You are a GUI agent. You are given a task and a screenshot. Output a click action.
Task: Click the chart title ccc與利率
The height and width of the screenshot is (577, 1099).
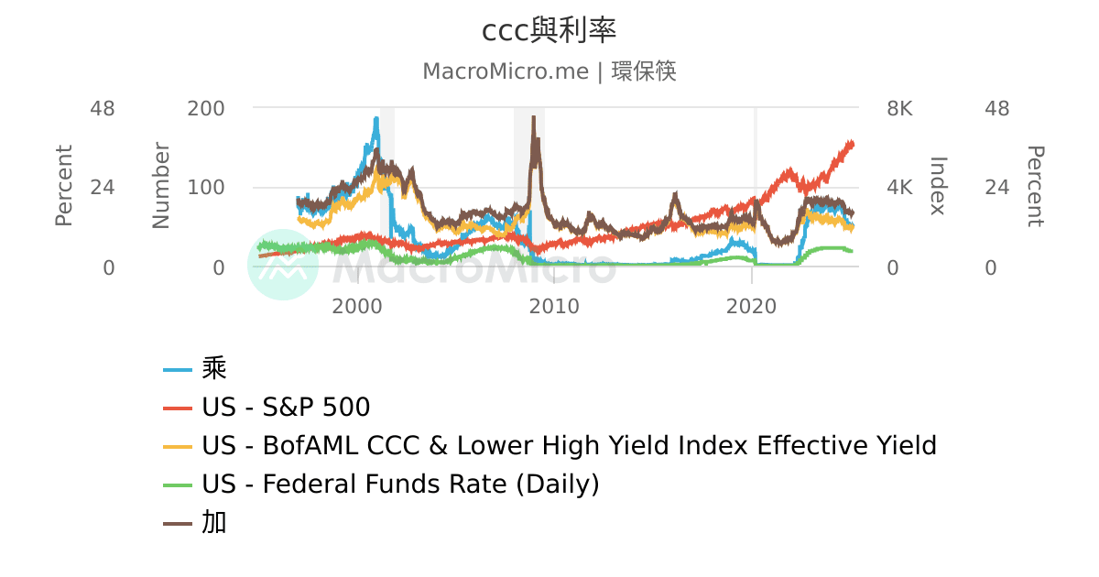pos(549,30)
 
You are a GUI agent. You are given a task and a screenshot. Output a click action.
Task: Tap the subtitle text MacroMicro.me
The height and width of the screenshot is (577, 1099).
pos(505,71)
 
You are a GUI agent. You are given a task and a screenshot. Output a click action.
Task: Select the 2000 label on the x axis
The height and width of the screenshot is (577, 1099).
pos(356,306)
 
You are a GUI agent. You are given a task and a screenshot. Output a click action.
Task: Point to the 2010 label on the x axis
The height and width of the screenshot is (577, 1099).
pos(554,306)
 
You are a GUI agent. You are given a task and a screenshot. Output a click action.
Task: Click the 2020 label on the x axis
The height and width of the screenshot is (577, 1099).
pos(752,306)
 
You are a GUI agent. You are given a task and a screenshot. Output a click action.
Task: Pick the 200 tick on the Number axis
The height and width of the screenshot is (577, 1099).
pos(206,108)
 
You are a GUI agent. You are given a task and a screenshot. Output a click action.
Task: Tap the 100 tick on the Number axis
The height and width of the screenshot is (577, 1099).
pos(206,188)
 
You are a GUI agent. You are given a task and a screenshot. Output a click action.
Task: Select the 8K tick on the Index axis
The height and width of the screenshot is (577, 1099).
pos(900,108)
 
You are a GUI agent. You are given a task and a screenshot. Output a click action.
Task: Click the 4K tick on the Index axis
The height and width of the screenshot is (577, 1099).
pos(900,188)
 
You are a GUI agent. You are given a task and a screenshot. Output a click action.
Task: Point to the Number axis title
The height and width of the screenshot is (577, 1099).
pos(161,186)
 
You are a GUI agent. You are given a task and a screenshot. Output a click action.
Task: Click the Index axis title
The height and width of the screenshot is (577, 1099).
pos(938,186)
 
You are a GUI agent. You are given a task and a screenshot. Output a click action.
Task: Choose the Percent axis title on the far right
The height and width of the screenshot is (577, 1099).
pos(1035,186)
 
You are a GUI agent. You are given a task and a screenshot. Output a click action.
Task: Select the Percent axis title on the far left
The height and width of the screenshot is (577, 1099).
pos(63,186)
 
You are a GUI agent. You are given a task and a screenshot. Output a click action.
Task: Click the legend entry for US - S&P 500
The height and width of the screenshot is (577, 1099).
pos(286,407)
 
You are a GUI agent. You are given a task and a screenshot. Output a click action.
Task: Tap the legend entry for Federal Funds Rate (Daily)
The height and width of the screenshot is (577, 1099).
pos(400,484)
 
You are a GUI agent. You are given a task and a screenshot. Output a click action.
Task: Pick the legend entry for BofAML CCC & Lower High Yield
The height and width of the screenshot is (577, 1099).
pos(569,445)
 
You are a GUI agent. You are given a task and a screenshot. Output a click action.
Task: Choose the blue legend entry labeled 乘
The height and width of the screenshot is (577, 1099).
pos(214,368)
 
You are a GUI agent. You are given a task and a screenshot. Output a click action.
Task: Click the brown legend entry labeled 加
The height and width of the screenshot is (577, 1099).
pos(214,522)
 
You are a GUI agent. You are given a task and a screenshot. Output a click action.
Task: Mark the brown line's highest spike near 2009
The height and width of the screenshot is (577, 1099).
pos(533,117)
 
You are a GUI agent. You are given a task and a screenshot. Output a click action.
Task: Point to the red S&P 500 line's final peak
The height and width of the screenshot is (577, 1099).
pos(852,142)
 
